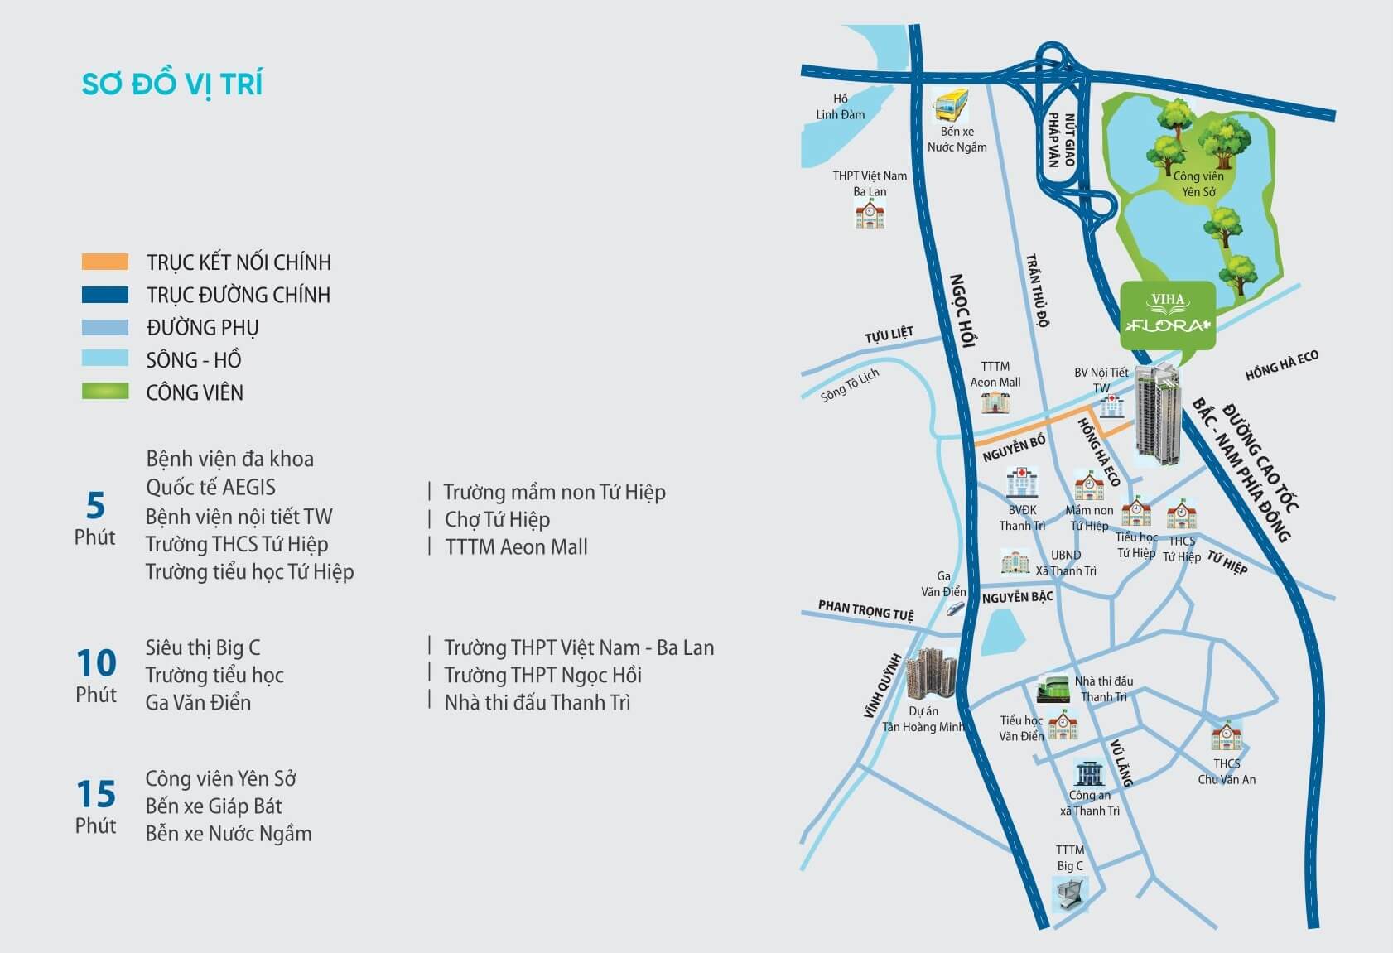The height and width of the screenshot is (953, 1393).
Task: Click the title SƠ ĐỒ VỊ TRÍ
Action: click(172, 84)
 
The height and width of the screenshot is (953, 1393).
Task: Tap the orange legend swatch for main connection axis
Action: click(105, 262)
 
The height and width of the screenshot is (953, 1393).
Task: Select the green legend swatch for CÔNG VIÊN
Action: click(105, 392)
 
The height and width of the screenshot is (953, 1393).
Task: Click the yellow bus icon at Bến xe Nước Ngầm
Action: click(952, 105)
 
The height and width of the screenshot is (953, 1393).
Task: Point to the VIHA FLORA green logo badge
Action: click(1168, 315)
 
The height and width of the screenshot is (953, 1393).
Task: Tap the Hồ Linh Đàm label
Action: click(840, 107)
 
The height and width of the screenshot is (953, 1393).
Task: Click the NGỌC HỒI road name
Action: click(962, 310)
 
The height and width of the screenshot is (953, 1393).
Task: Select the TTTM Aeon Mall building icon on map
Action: click(995, 402)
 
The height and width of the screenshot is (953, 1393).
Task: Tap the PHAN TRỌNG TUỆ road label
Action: click(865, 610)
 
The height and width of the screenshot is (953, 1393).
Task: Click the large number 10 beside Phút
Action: click(97, 663)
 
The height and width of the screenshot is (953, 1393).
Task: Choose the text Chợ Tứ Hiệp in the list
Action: click(497, 519)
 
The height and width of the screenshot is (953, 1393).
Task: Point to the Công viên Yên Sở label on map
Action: click(1198, 184)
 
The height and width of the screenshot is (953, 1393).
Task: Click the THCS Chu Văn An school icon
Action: click(1226, 736)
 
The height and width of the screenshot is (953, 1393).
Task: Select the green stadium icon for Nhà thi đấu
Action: click(1053, 689)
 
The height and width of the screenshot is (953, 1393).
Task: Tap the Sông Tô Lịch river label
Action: click(850, 385)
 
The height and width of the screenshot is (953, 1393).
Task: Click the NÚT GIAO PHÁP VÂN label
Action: click(1061, 140)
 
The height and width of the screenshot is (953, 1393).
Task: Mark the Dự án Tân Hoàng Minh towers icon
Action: click(931, 676)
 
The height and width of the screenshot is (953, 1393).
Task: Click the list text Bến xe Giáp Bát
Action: click(214, 806)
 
